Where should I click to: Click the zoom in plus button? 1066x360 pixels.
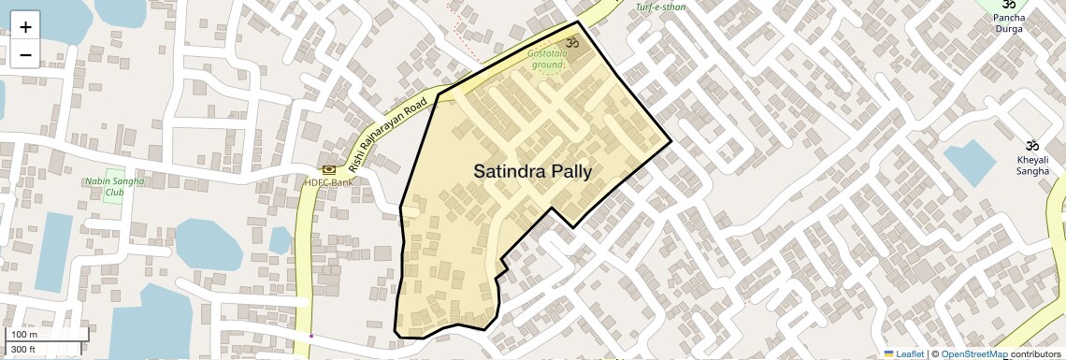coord(25,27)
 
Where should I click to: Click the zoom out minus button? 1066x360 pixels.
coord(25,55)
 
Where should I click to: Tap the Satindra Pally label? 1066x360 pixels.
coord(532,172)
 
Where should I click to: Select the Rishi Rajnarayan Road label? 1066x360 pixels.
coord(387,134)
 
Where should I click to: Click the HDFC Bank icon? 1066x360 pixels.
coord(329,169)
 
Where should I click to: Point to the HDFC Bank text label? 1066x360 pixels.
coord(328,182)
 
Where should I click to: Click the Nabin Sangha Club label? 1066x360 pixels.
coord(114,186)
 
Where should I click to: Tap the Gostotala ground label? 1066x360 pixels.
coord(546,60)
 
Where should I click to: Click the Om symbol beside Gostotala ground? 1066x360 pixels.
coord(573,42)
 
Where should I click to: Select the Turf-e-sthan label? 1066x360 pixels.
coord(660,7)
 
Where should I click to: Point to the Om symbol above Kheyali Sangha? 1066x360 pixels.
coord(1032,146)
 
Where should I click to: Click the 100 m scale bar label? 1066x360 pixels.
coord(24,335)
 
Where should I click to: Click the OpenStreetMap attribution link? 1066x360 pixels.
coord(973,353)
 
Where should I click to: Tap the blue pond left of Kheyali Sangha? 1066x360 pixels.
coord(970,162)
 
